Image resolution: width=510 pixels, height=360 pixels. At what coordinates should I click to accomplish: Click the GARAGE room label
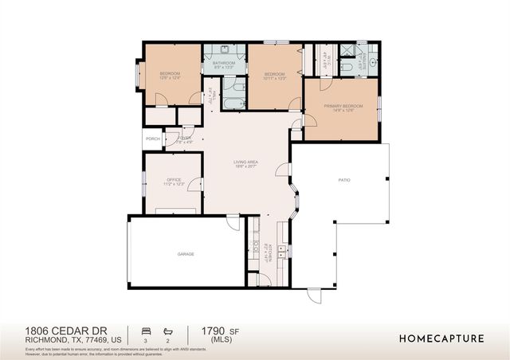[185, 254]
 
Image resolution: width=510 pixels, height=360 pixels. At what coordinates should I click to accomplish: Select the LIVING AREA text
[245, 162]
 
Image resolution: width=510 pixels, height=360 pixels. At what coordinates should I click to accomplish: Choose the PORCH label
[152, 139]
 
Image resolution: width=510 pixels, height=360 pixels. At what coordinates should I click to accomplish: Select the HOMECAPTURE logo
[441, 338]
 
